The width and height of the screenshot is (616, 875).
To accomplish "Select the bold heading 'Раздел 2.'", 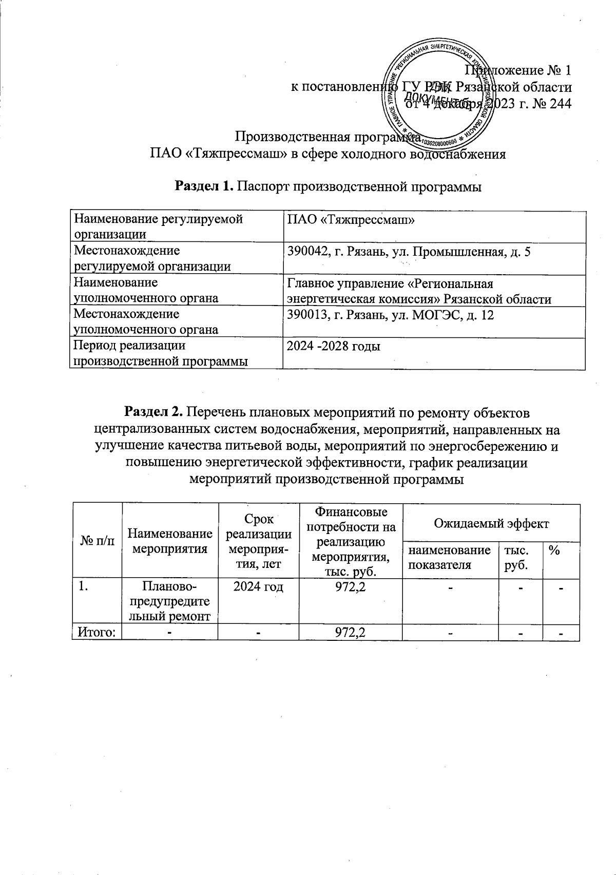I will (154, 412).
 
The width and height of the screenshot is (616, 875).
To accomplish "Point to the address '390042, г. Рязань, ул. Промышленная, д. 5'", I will (408, 252).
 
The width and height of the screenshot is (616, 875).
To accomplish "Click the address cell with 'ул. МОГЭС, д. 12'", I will (390, 315).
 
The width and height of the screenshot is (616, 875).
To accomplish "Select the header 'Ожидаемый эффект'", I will (491, 523).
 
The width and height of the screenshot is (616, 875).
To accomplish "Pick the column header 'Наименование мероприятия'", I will (169, 541).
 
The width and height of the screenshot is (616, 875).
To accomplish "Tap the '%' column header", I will (553, 550).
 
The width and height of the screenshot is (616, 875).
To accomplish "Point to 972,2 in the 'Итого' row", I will (350, 632).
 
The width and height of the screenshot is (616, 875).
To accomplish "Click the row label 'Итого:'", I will (97, 632).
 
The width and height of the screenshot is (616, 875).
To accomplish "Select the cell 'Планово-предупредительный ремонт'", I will (169, 601).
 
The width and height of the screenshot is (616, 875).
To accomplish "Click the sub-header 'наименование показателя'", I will (449, 558).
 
